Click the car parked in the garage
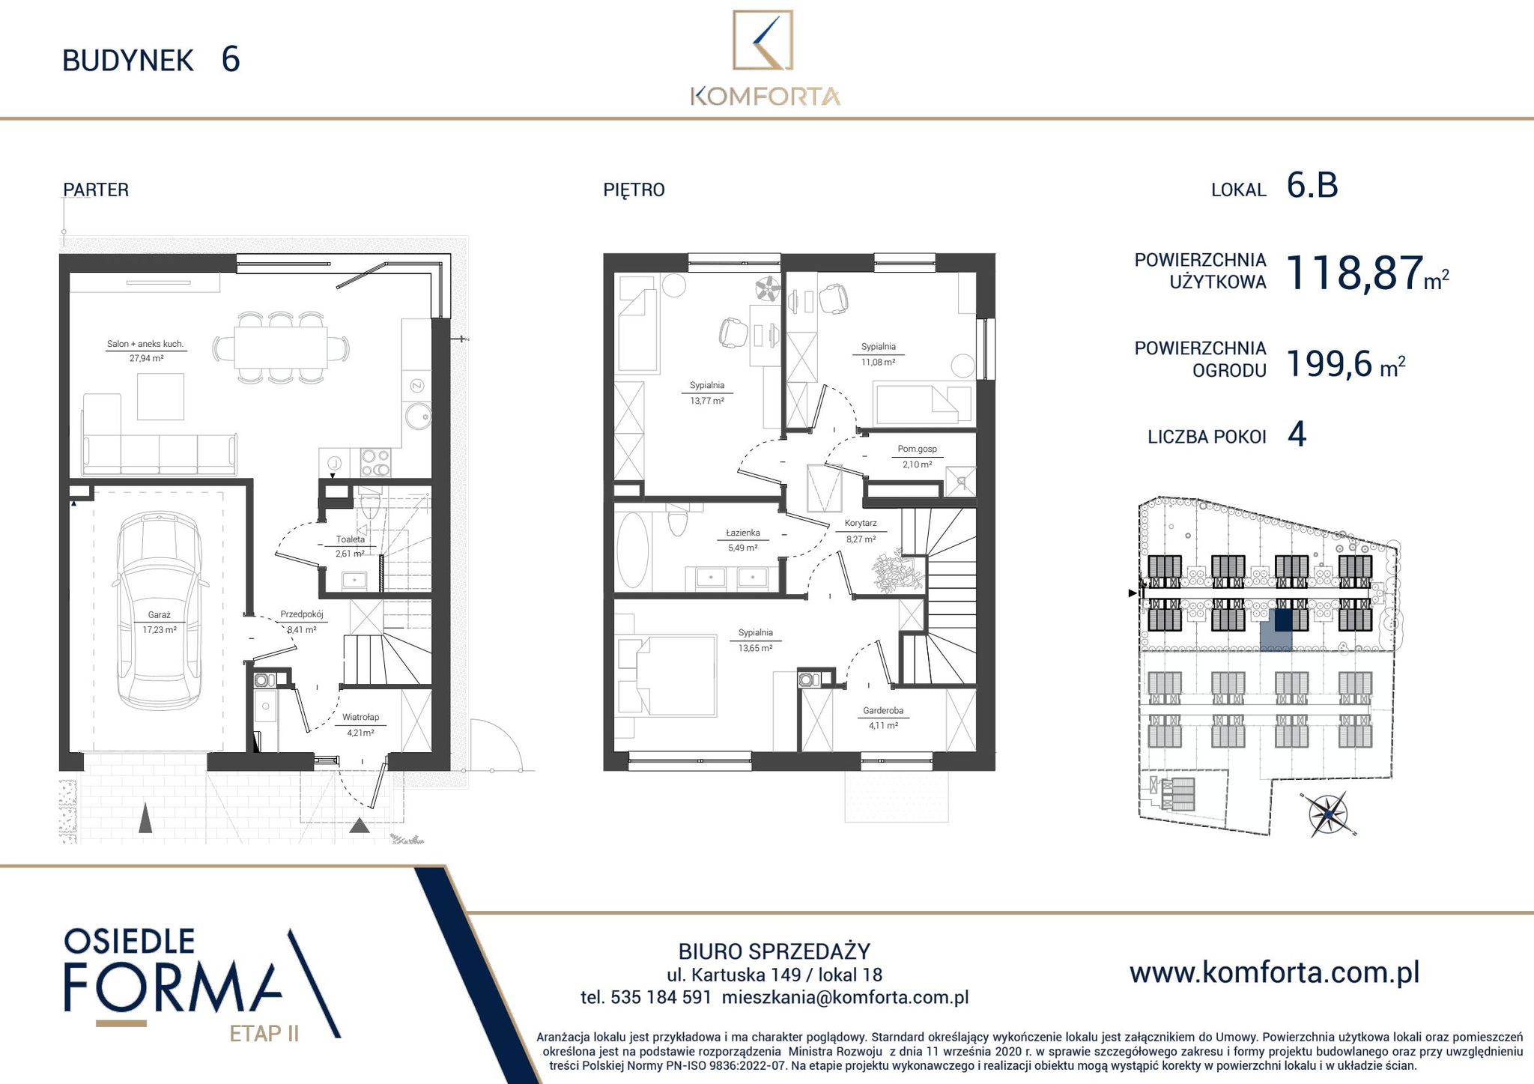[160, 612]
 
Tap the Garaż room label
[159, 615]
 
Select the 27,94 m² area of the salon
[146, 359]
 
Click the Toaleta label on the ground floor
[351, 539]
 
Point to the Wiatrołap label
[360, 718]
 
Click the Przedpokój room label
[301, 614]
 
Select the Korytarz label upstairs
[861, 524]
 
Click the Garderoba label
[883, 711]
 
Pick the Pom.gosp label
[917, 449]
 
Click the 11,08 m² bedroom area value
[879, 363]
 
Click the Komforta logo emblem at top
[763, 40]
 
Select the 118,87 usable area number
[1354, 273]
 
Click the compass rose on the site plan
[1327, 814]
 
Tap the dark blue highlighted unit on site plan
[1283, 620]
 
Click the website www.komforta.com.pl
[1274, 972]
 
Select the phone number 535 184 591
[661, 998]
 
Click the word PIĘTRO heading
[634, 190]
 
